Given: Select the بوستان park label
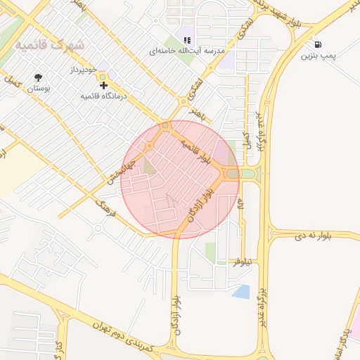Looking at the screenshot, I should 38,89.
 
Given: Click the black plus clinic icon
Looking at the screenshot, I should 104,85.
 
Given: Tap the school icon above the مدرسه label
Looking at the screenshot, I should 186,41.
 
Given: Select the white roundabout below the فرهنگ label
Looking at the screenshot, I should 97,227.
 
